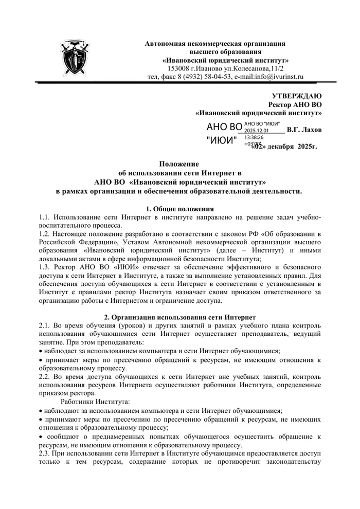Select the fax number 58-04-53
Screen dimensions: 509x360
point(210,77)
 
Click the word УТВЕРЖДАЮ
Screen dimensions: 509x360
point(296,96)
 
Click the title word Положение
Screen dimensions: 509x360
point(179,165)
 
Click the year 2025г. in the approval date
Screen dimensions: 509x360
point(307,147)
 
